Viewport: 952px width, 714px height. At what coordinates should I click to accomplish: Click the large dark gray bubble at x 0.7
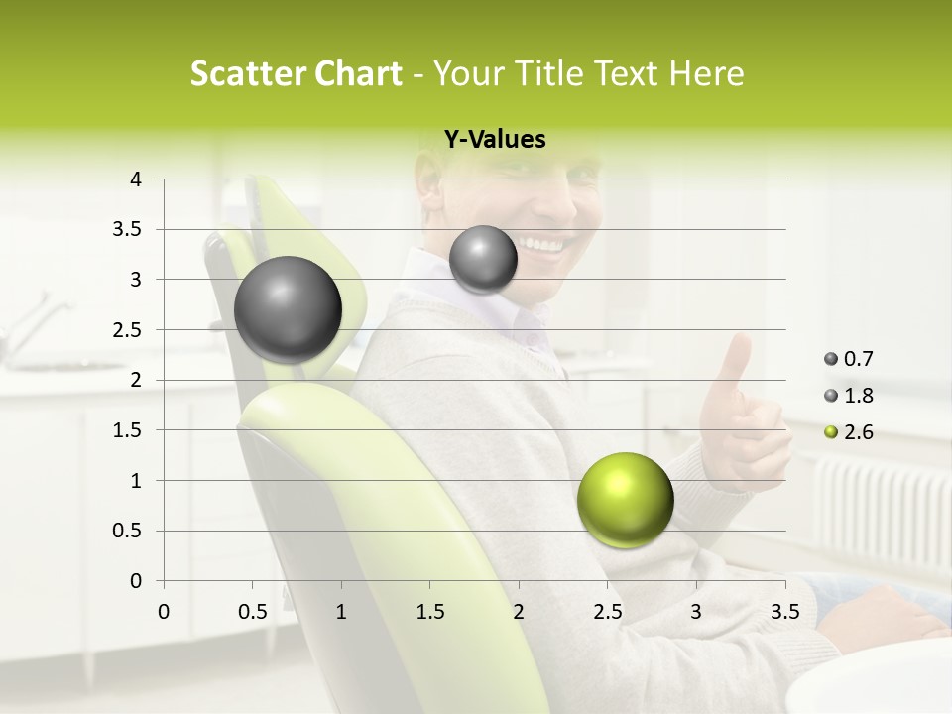point(288,309)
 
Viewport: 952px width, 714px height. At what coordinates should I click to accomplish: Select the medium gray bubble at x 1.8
point(483,259)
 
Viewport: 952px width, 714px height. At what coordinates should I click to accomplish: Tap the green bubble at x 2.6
point(625,500)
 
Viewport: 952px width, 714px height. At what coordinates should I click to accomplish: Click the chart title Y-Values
point(494,140)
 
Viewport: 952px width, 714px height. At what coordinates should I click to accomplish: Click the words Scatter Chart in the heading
point(297,73)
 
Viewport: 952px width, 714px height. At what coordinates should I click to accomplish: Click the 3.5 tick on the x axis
point(784,612)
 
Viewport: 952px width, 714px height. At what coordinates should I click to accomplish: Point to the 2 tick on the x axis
point(519,612)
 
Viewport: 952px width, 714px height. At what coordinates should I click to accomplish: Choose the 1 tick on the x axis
point(341,612)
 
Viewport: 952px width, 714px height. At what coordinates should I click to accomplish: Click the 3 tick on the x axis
point(696,612)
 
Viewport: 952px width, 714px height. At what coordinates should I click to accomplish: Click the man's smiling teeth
point(540,244)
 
